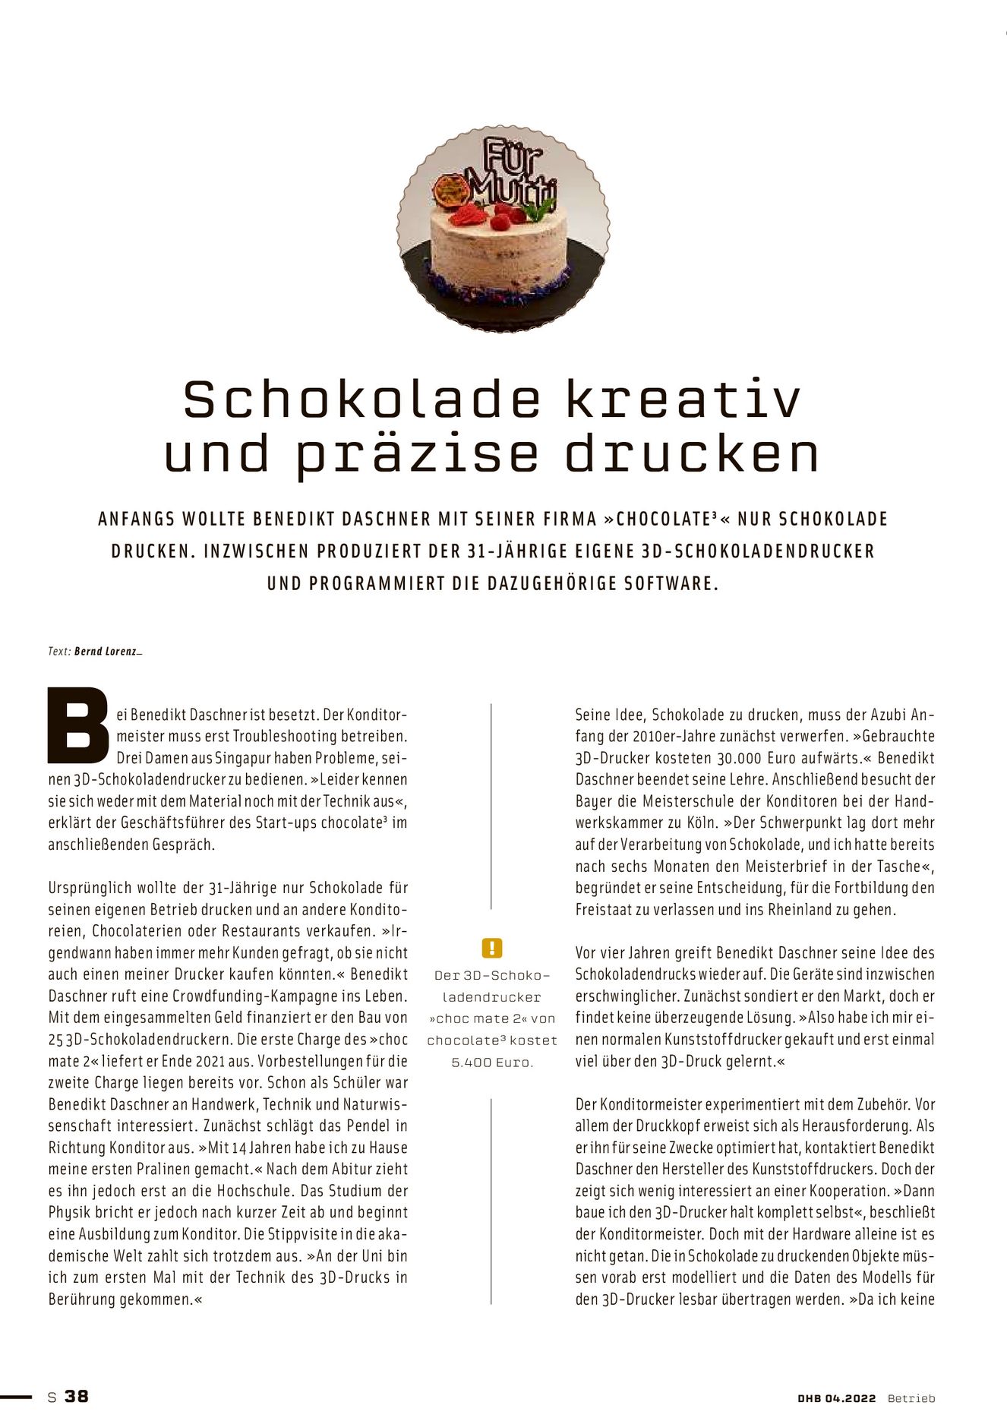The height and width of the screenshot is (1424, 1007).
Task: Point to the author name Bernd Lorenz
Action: click(x=107, y=651)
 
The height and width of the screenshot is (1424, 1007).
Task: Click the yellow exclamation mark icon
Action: click(x=492, y=948)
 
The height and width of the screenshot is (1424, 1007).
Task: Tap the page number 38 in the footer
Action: click(x=77, y=1396)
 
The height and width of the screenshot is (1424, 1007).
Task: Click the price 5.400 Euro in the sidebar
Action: click(x=492, y=1062)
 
